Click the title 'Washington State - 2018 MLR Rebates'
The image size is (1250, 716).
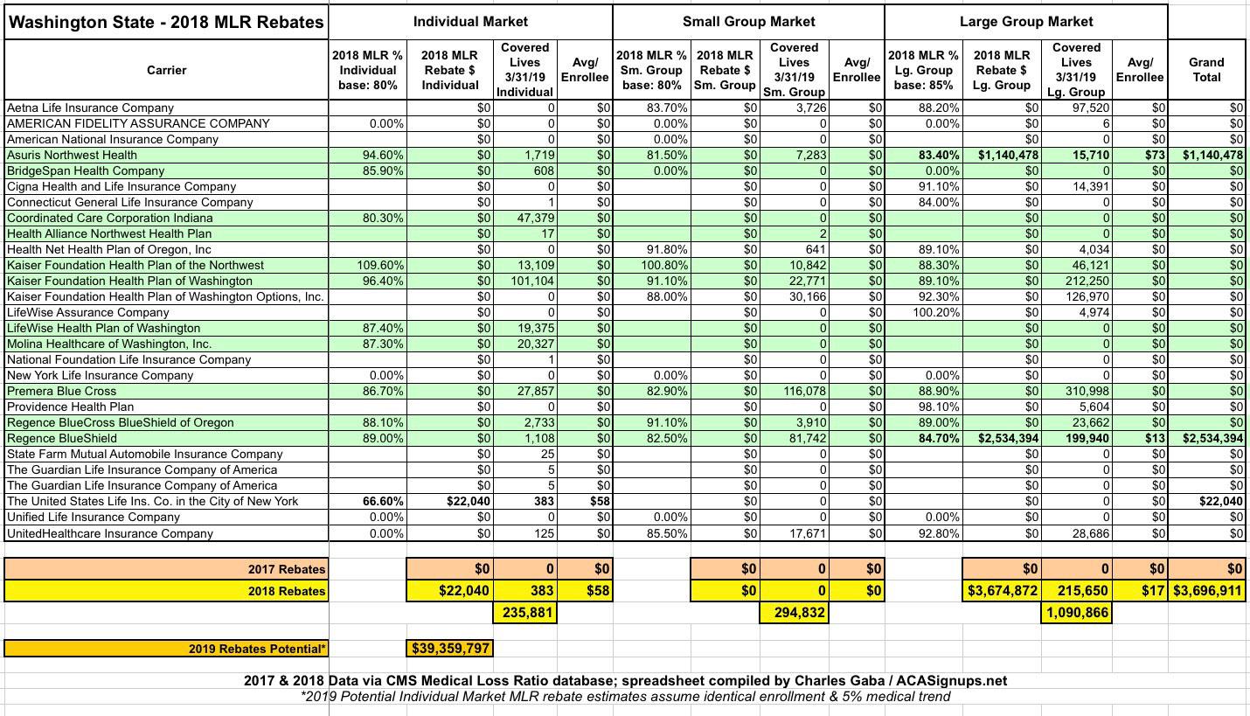[x=166, y=22]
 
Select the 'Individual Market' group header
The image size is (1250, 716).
[x=470, y=21]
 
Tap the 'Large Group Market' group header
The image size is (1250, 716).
[x=1025, y=21]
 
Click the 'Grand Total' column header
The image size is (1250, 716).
[x=1206, y=69]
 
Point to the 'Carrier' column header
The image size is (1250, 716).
[x=166, y=70]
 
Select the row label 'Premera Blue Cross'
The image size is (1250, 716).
[x=62, y=391]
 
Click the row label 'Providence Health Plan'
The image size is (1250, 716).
[x=71, y=407]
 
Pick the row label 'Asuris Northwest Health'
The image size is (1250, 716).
[x=72, y=155]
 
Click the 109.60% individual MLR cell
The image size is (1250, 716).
[x=380, y=265]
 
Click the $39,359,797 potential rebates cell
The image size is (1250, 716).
[x=450, y=649]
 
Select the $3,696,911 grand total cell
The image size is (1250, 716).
[x=1207, y=590]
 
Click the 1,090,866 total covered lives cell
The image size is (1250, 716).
[x=1077, y=613]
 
